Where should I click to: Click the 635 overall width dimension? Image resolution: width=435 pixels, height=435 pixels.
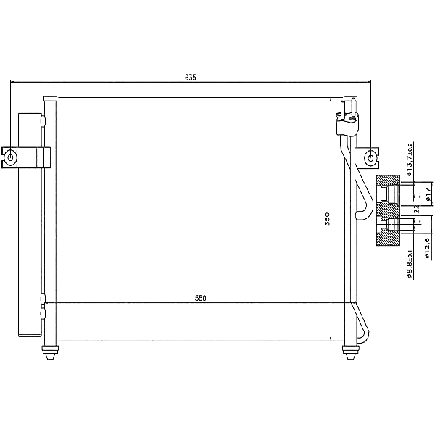(191, 77)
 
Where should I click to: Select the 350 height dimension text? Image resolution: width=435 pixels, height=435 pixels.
(327, 218)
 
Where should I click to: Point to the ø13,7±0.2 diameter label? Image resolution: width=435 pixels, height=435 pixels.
(410, 159)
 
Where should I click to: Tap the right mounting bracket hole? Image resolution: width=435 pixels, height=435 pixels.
(371, 156)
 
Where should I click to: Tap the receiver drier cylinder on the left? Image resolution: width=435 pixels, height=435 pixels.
(29, 225)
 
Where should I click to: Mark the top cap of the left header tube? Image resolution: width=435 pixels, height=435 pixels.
(50, 99)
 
